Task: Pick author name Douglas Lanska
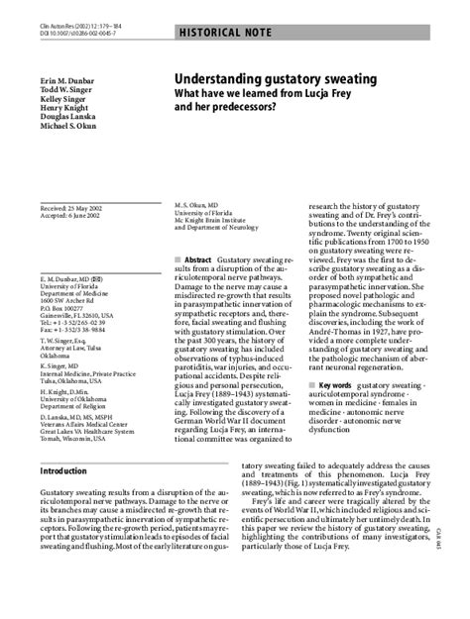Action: pyautogui.click(x=68, y=117)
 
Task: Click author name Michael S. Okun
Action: pyautogui.click(x=69, y=127)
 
